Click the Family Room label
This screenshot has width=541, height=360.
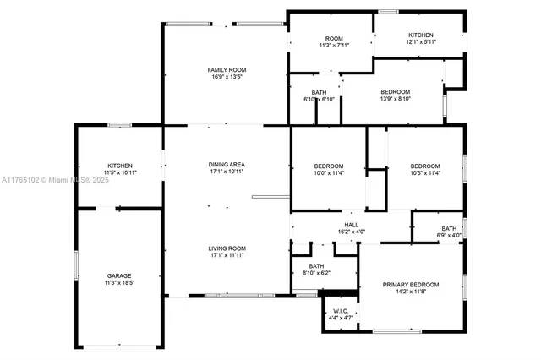(x=227, y=69)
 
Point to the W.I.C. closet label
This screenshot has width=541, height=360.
(x=341, y=310)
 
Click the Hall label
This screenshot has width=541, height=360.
(x=351, y=225)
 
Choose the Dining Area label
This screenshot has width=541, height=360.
(x=227, y=164)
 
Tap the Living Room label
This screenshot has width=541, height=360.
(x=227, y=248)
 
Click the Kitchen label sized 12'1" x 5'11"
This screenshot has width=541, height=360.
(x=420, y=35)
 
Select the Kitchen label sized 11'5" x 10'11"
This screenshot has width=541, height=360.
(x=119, y=165)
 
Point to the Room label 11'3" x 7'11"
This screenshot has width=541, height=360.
(x=333, y=39)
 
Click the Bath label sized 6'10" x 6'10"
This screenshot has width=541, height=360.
(x=319, y=92)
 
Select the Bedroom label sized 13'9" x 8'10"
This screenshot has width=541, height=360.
(x=395, y=92)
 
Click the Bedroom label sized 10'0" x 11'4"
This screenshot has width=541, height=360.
(x=329, y=166)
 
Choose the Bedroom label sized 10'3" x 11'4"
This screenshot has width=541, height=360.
(x=424, y=166)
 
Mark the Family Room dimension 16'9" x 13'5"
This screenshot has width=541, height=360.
(x=227, y=77)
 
